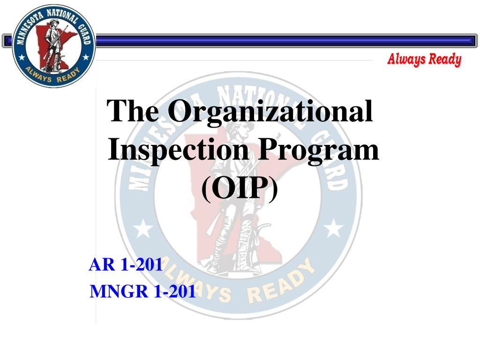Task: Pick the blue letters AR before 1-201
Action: tap(102, 265)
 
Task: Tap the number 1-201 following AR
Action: tap(142, 265)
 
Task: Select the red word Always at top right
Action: tap(405, 60)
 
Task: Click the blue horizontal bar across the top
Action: tap(281, 41)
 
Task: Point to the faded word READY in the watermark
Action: tap(280, 285)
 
